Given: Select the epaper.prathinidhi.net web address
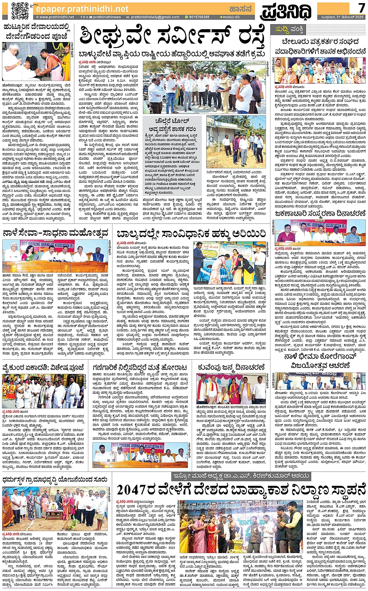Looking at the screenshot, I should [81, 9].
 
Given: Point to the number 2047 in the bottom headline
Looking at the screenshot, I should [133, 489].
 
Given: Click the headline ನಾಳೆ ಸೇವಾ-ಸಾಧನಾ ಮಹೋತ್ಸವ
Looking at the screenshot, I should [55, 233].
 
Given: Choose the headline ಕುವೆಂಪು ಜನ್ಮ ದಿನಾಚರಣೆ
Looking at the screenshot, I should [231, 367].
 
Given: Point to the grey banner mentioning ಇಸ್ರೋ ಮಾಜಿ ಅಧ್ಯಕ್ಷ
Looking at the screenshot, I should [241, 476].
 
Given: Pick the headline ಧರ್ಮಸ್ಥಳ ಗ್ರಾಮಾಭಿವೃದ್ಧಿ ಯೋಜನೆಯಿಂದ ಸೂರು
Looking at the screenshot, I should [55, 479].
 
